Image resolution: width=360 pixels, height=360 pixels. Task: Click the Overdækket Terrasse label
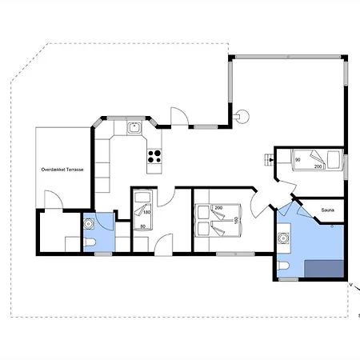(62, 170)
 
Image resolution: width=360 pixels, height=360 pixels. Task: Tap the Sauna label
(328, 210)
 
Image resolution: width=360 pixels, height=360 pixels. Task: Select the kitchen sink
(135, 128)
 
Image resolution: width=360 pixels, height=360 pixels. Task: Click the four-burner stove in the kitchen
(154, 157)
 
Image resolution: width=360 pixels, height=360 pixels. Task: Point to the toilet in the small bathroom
(90, 242)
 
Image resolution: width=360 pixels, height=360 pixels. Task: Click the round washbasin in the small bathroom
(89, 224)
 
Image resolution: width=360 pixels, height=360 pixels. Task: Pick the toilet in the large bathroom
(283, 266)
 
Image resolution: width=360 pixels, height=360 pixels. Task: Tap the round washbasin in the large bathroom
(283, 238)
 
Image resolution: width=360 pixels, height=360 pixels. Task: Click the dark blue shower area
(324, 269)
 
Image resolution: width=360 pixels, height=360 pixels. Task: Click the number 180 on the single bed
(147, 212)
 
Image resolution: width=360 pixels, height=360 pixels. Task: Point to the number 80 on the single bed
(143, 226)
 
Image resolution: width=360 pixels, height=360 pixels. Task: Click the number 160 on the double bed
(236, 220)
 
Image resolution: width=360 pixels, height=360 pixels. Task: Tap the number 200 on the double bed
(218, 208)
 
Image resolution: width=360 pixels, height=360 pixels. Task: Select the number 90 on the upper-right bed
(298, 160)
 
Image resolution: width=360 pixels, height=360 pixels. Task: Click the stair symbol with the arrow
(270, 160)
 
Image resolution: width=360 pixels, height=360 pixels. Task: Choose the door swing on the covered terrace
(54, 199)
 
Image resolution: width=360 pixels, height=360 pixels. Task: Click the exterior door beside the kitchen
(179, 116)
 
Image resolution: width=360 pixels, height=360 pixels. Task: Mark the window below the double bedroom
(235, 254)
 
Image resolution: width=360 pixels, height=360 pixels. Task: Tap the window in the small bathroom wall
(103, 254)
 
